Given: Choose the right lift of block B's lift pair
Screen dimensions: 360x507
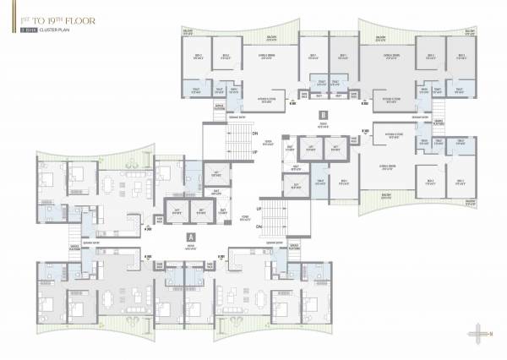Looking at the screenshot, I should (x=335, y=151).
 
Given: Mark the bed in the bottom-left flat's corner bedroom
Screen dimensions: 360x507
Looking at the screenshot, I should (x=48, y=305).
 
